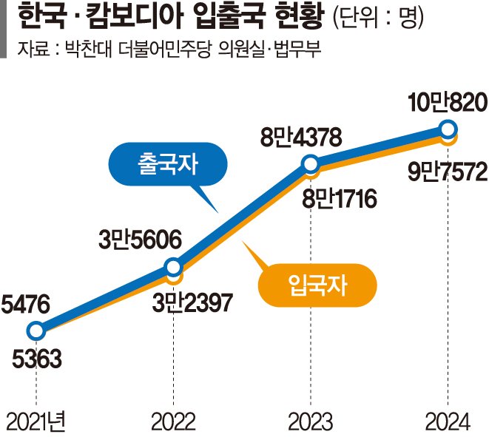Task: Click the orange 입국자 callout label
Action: [316, 282]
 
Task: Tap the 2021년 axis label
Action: [36, 421]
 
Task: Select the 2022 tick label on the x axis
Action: [173, 421]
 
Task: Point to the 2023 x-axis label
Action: [311, 421]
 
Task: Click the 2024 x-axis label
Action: [448, 421]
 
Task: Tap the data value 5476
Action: [26, 302]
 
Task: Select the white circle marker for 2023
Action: [311, 163]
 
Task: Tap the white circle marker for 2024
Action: [448, 129]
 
